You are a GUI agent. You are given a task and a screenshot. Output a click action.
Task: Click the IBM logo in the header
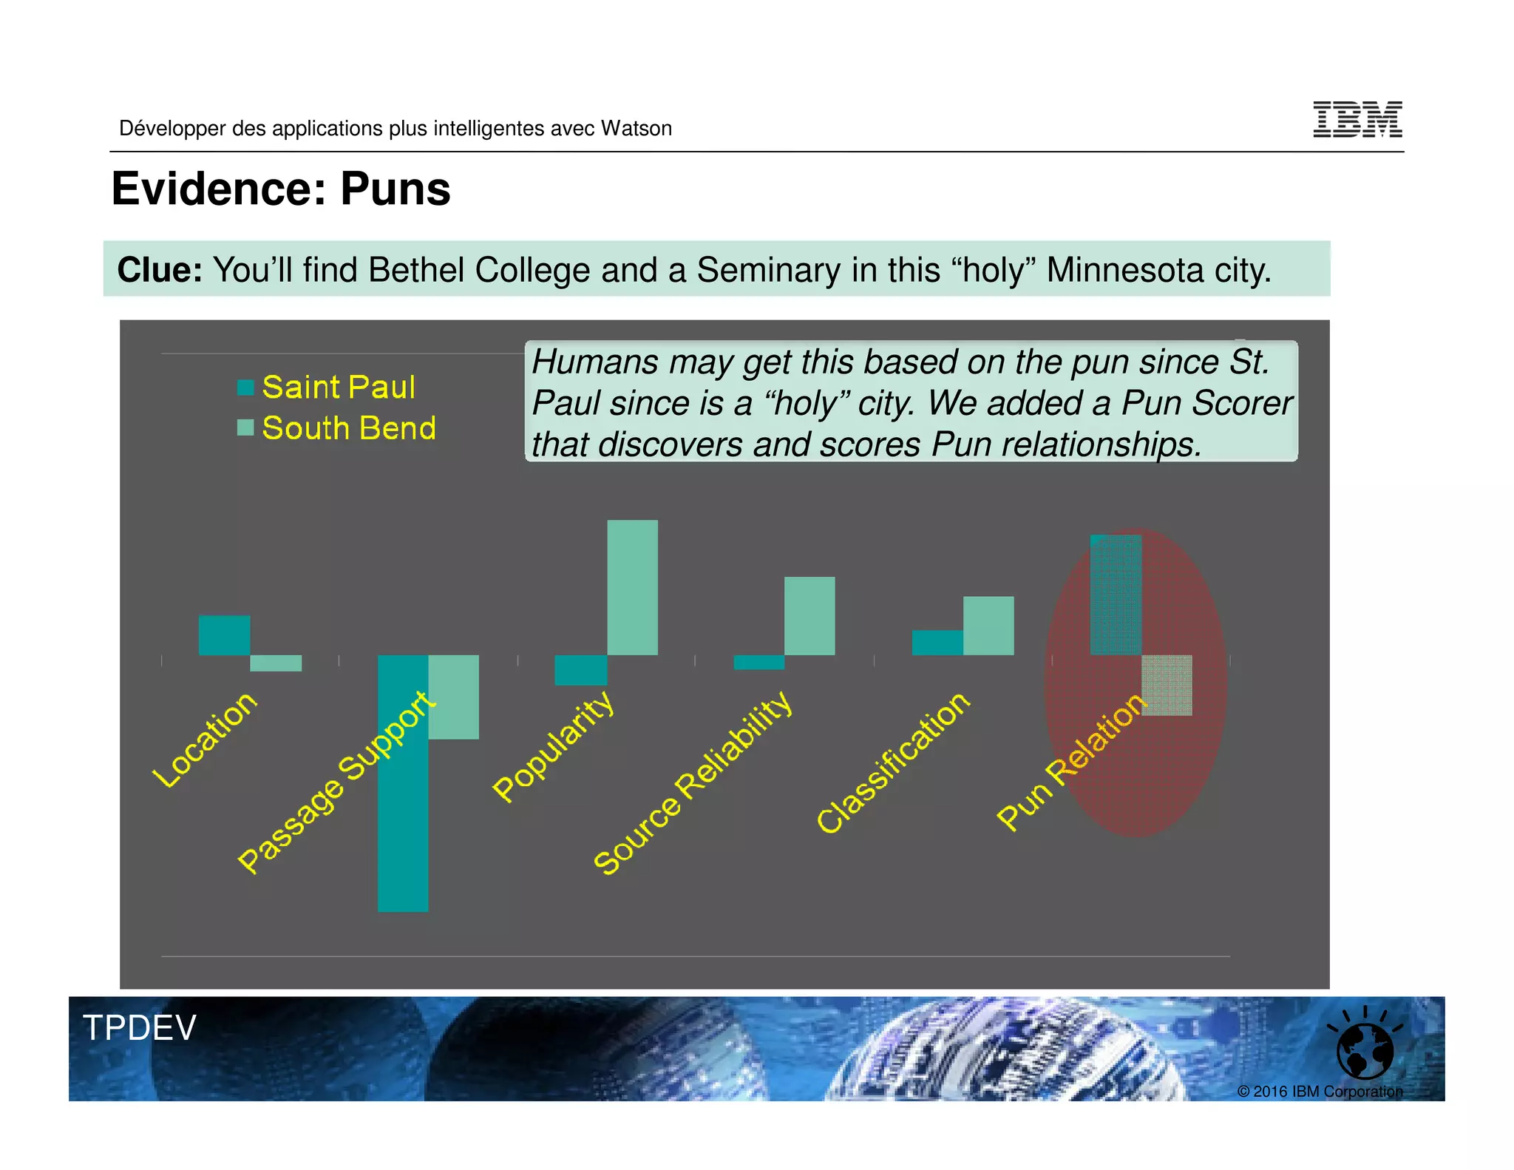click(1357, 119)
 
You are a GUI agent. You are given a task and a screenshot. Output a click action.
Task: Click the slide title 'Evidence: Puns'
click(281, 189)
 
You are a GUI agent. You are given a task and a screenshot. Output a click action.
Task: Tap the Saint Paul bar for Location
click(224, 635)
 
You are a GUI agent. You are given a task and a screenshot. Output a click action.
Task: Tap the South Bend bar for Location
click(276, 663)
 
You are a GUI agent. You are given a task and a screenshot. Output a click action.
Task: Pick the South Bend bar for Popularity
click(633, 587)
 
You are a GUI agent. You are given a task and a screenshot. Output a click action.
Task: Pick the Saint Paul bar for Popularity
click(581, 670)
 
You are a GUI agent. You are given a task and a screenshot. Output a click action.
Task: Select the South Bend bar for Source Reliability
click(809, 616)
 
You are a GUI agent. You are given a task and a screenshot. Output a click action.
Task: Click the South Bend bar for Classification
click(988, 626)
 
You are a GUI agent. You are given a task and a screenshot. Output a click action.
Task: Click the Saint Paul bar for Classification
click(937, 643)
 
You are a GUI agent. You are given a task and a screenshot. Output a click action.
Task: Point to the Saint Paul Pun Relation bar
click(1116, 595)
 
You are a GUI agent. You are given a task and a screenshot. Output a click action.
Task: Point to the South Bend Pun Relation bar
click(1167, 686)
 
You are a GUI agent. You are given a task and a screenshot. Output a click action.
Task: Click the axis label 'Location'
click(205, 740)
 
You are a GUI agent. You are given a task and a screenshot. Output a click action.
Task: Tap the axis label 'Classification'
click(893, 762)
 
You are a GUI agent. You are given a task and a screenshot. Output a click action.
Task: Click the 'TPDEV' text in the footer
click(140, 1028)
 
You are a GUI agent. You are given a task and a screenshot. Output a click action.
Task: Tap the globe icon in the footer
click(1365, 1049)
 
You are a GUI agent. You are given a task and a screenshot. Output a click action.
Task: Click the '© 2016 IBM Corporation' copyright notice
click(1320, 1092)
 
